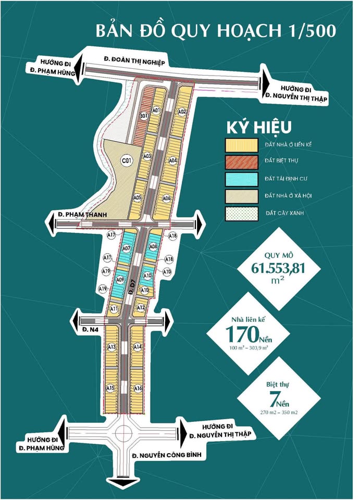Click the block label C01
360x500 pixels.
pyautogui.click(x=126, y=160)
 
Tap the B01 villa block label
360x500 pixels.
pyautogui.click(x=143, y=116)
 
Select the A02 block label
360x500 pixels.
pyautogui.click(x=182, y=111)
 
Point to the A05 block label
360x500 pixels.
pyautogui.click(x=138, y=198)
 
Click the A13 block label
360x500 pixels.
pyautogui.click(x=111, y=347)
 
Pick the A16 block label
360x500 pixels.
pyautogui.click(x=138, y=388)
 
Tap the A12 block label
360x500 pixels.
pyautogui.click(x=140, y=308)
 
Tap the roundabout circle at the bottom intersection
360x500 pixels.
pyautogui.click(x=125, y=432)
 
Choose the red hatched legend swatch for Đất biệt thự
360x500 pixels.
pyautogui.click(x=242, y=161)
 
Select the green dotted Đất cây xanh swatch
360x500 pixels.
pyautogui.click(x=242, y=214)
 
